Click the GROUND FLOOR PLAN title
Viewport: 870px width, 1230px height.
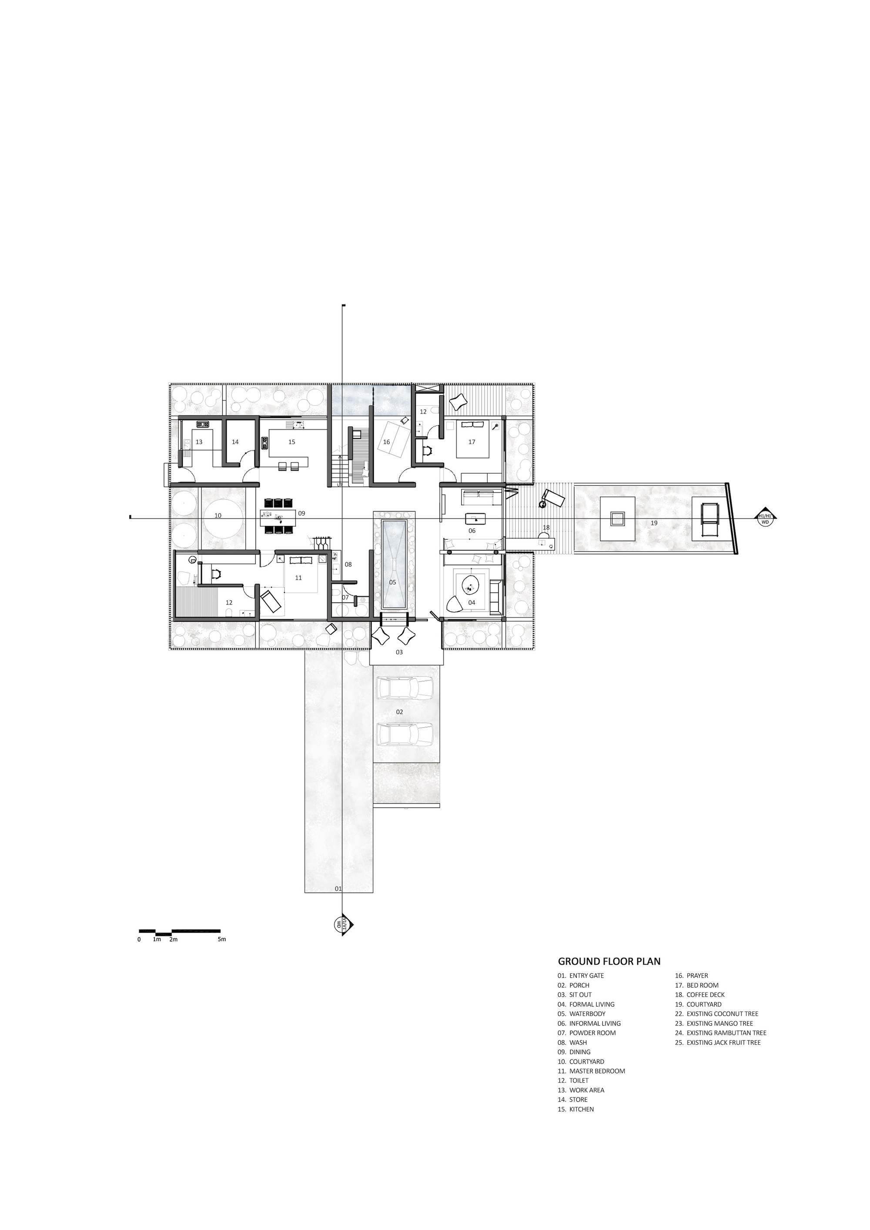point(609,962)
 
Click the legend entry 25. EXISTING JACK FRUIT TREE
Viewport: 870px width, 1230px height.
point(717,1043)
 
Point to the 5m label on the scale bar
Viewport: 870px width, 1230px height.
point(222,939)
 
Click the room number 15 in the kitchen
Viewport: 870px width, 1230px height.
point(291,442)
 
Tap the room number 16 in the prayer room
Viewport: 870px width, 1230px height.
point(386,442)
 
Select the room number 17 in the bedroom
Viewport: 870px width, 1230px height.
point(472,442)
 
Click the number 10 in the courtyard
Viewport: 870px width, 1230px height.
point(217,515)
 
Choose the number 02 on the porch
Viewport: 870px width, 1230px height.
point(399,712)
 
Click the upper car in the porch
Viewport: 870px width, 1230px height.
point(405,688)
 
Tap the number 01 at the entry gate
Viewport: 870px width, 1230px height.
point(338,889)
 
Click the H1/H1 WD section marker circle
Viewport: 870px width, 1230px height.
point(764,518)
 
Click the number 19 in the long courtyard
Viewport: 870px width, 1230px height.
point(654,523)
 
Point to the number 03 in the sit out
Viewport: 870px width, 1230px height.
point(399,652)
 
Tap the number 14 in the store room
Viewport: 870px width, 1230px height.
point(235,442)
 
